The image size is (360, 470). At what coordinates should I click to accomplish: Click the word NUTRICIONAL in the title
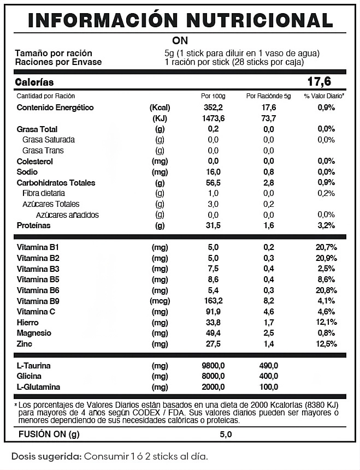[259, 20]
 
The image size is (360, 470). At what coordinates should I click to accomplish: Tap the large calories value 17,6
[320, 82]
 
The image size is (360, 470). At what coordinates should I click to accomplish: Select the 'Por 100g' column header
[213, 96]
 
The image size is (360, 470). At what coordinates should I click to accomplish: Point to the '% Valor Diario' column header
[324, 96]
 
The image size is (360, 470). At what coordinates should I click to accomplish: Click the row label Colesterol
[35, 161]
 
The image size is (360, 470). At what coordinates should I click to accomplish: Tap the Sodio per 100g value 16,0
[213, 172]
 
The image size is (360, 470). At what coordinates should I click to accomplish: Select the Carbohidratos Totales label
[56, 183]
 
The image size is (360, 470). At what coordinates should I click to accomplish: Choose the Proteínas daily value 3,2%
[326, 225]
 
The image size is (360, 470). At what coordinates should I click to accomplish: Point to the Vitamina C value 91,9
[213, 312]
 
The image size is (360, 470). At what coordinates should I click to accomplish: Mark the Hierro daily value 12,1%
[326, 322]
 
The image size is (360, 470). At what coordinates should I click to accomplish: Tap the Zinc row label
[26, 344]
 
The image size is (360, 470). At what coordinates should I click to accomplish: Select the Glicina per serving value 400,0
[269, 376]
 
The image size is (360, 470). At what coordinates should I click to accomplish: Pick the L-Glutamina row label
[40, 387]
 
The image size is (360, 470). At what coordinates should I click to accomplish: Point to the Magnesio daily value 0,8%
[326, 333]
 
